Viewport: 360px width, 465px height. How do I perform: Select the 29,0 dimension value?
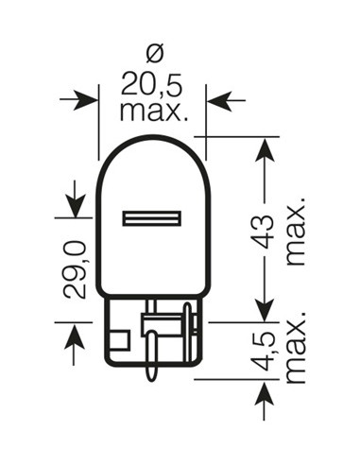click(77, 269)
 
